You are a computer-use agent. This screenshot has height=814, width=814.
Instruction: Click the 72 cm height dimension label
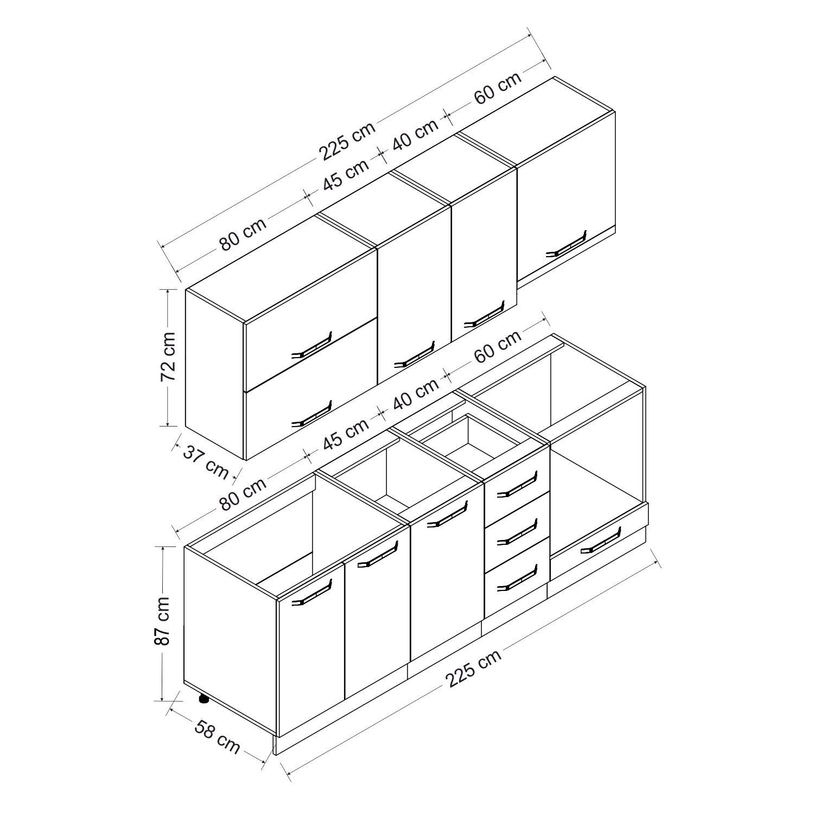[168, 357]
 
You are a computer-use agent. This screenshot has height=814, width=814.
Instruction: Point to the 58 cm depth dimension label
[217, 736]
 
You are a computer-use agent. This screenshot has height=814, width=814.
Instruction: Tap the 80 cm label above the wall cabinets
[244, 234]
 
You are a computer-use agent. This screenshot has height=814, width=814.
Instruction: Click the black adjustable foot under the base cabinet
[203, 699]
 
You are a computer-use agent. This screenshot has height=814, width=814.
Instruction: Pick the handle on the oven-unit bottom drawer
[600, 540]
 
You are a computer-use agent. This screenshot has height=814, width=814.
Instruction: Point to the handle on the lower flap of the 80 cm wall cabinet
[311, 414]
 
